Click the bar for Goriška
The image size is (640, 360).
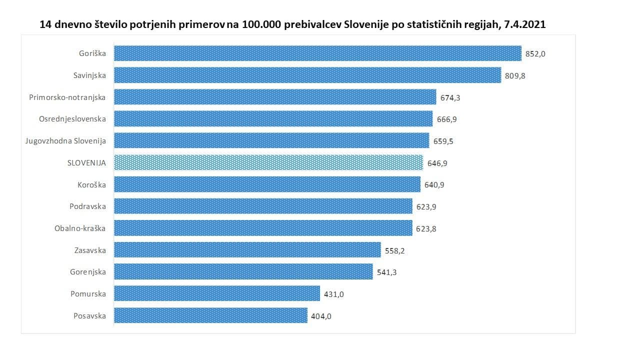click(317, 53)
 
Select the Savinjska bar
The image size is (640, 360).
click(307, 75)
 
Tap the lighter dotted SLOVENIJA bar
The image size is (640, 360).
click(268, 162)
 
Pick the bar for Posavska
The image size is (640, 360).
click(210, 315)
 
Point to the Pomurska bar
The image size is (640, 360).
click(217, 293)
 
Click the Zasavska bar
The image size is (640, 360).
click(247, 250)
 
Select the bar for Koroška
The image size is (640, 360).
click(267, 184)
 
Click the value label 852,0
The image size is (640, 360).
click(535, 53)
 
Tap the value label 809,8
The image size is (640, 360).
click(515, 75)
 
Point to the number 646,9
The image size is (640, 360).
click(436, 163)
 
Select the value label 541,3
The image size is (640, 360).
click(386, 272)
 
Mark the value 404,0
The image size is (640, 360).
click(321, 316)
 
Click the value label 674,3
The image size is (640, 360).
click(450, 97)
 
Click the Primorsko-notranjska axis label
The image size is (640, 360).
click(67, 97)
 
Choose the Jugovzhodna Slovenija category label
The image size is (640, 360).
click(65, 141)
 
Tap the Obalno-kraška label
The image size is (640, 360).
click(80, 228)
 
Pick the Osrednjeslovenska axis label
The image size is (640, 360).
click(72, 119)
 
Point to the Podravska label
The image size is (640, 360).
click(87, 206)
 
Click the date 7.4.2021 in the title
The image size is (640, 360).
click(524, 24)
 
